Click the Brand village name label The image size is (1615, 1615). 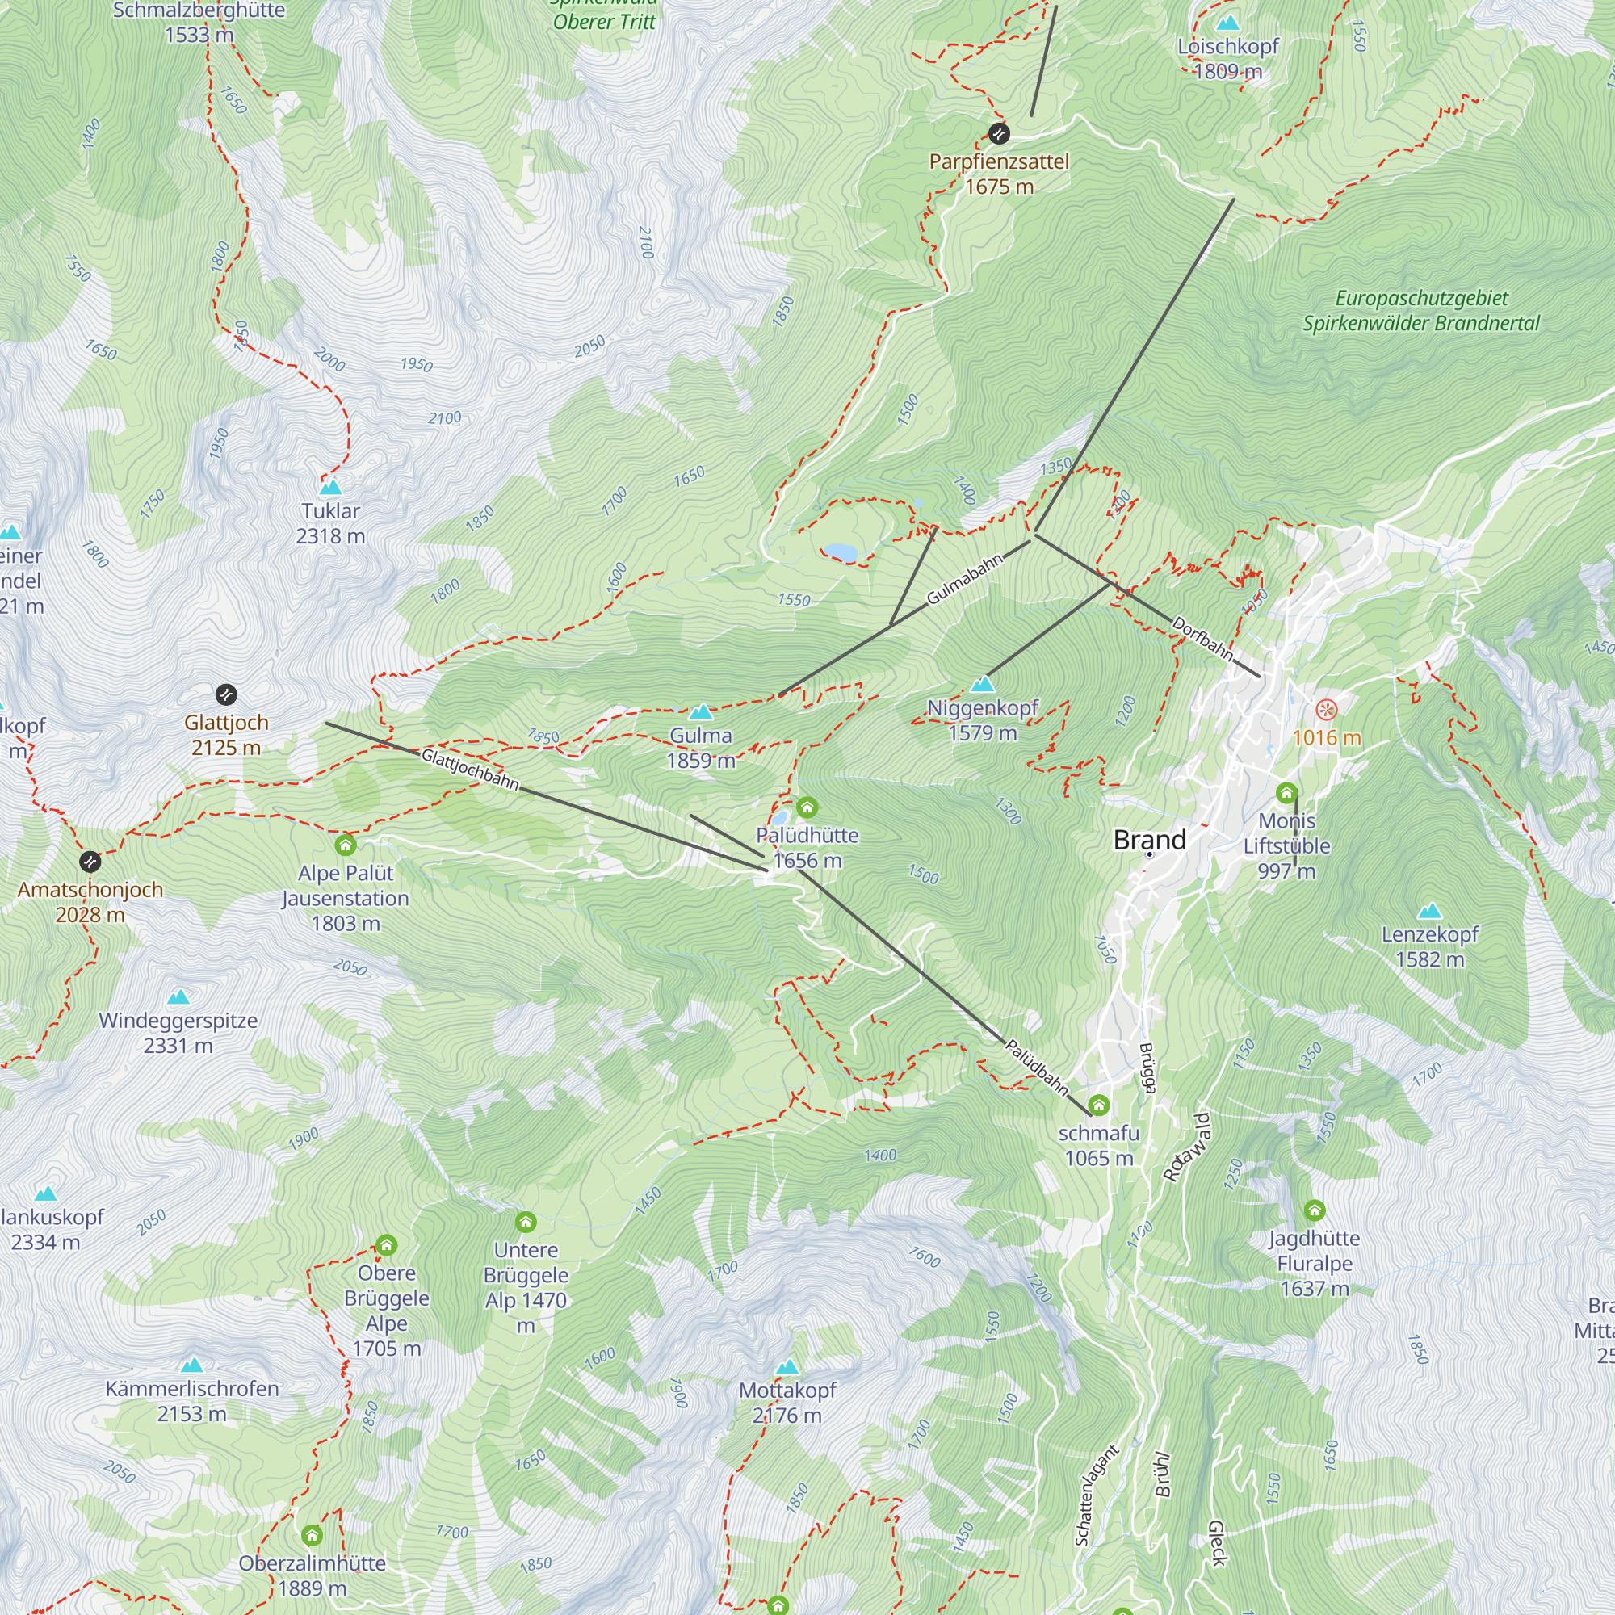click(1149, 839)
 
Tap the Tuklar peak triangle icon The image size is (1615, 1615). click(330, 486)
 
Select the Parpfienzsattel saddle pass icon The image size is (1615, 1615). click(998, 133)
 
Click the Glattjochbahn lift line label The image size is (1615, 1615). click(470, 769)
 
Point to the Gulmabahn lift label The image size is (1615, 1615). click(964, 579)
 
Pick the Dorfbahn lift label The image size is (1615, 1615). click(1203, 638)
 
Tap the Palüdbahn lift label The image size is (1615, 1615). click(1037, 1067)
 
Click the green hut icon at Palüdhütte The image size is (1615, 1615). click(807, 807)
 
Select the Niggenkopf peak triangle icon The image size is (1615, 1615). click(983, 685)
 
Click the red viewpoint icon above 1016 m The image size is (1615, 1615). click(1327, 711)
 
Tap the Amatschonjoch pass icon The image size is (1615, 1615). click(90, 861)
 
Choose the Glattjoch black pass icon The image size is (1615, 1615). click(226, 694)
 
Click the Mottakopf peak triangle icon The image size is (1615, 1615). click(787, 1368)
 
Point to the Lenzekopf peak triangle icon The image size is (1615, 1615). click(1429, 910)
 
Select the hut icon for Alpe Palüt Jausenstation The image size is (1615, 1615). click(346, 845)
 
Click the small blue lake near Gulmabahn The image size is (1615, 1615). click(840, 552)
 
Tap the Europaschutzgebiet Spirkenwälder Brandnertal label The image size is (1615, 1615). click(1420, 311)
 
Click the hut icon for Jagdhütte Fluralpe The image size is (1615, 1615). click(1314, 1210)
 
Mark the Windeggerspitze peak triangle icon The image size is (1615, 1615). click(178, 996)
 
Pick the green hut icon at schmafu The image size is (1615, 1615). click(1098, 1105)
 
